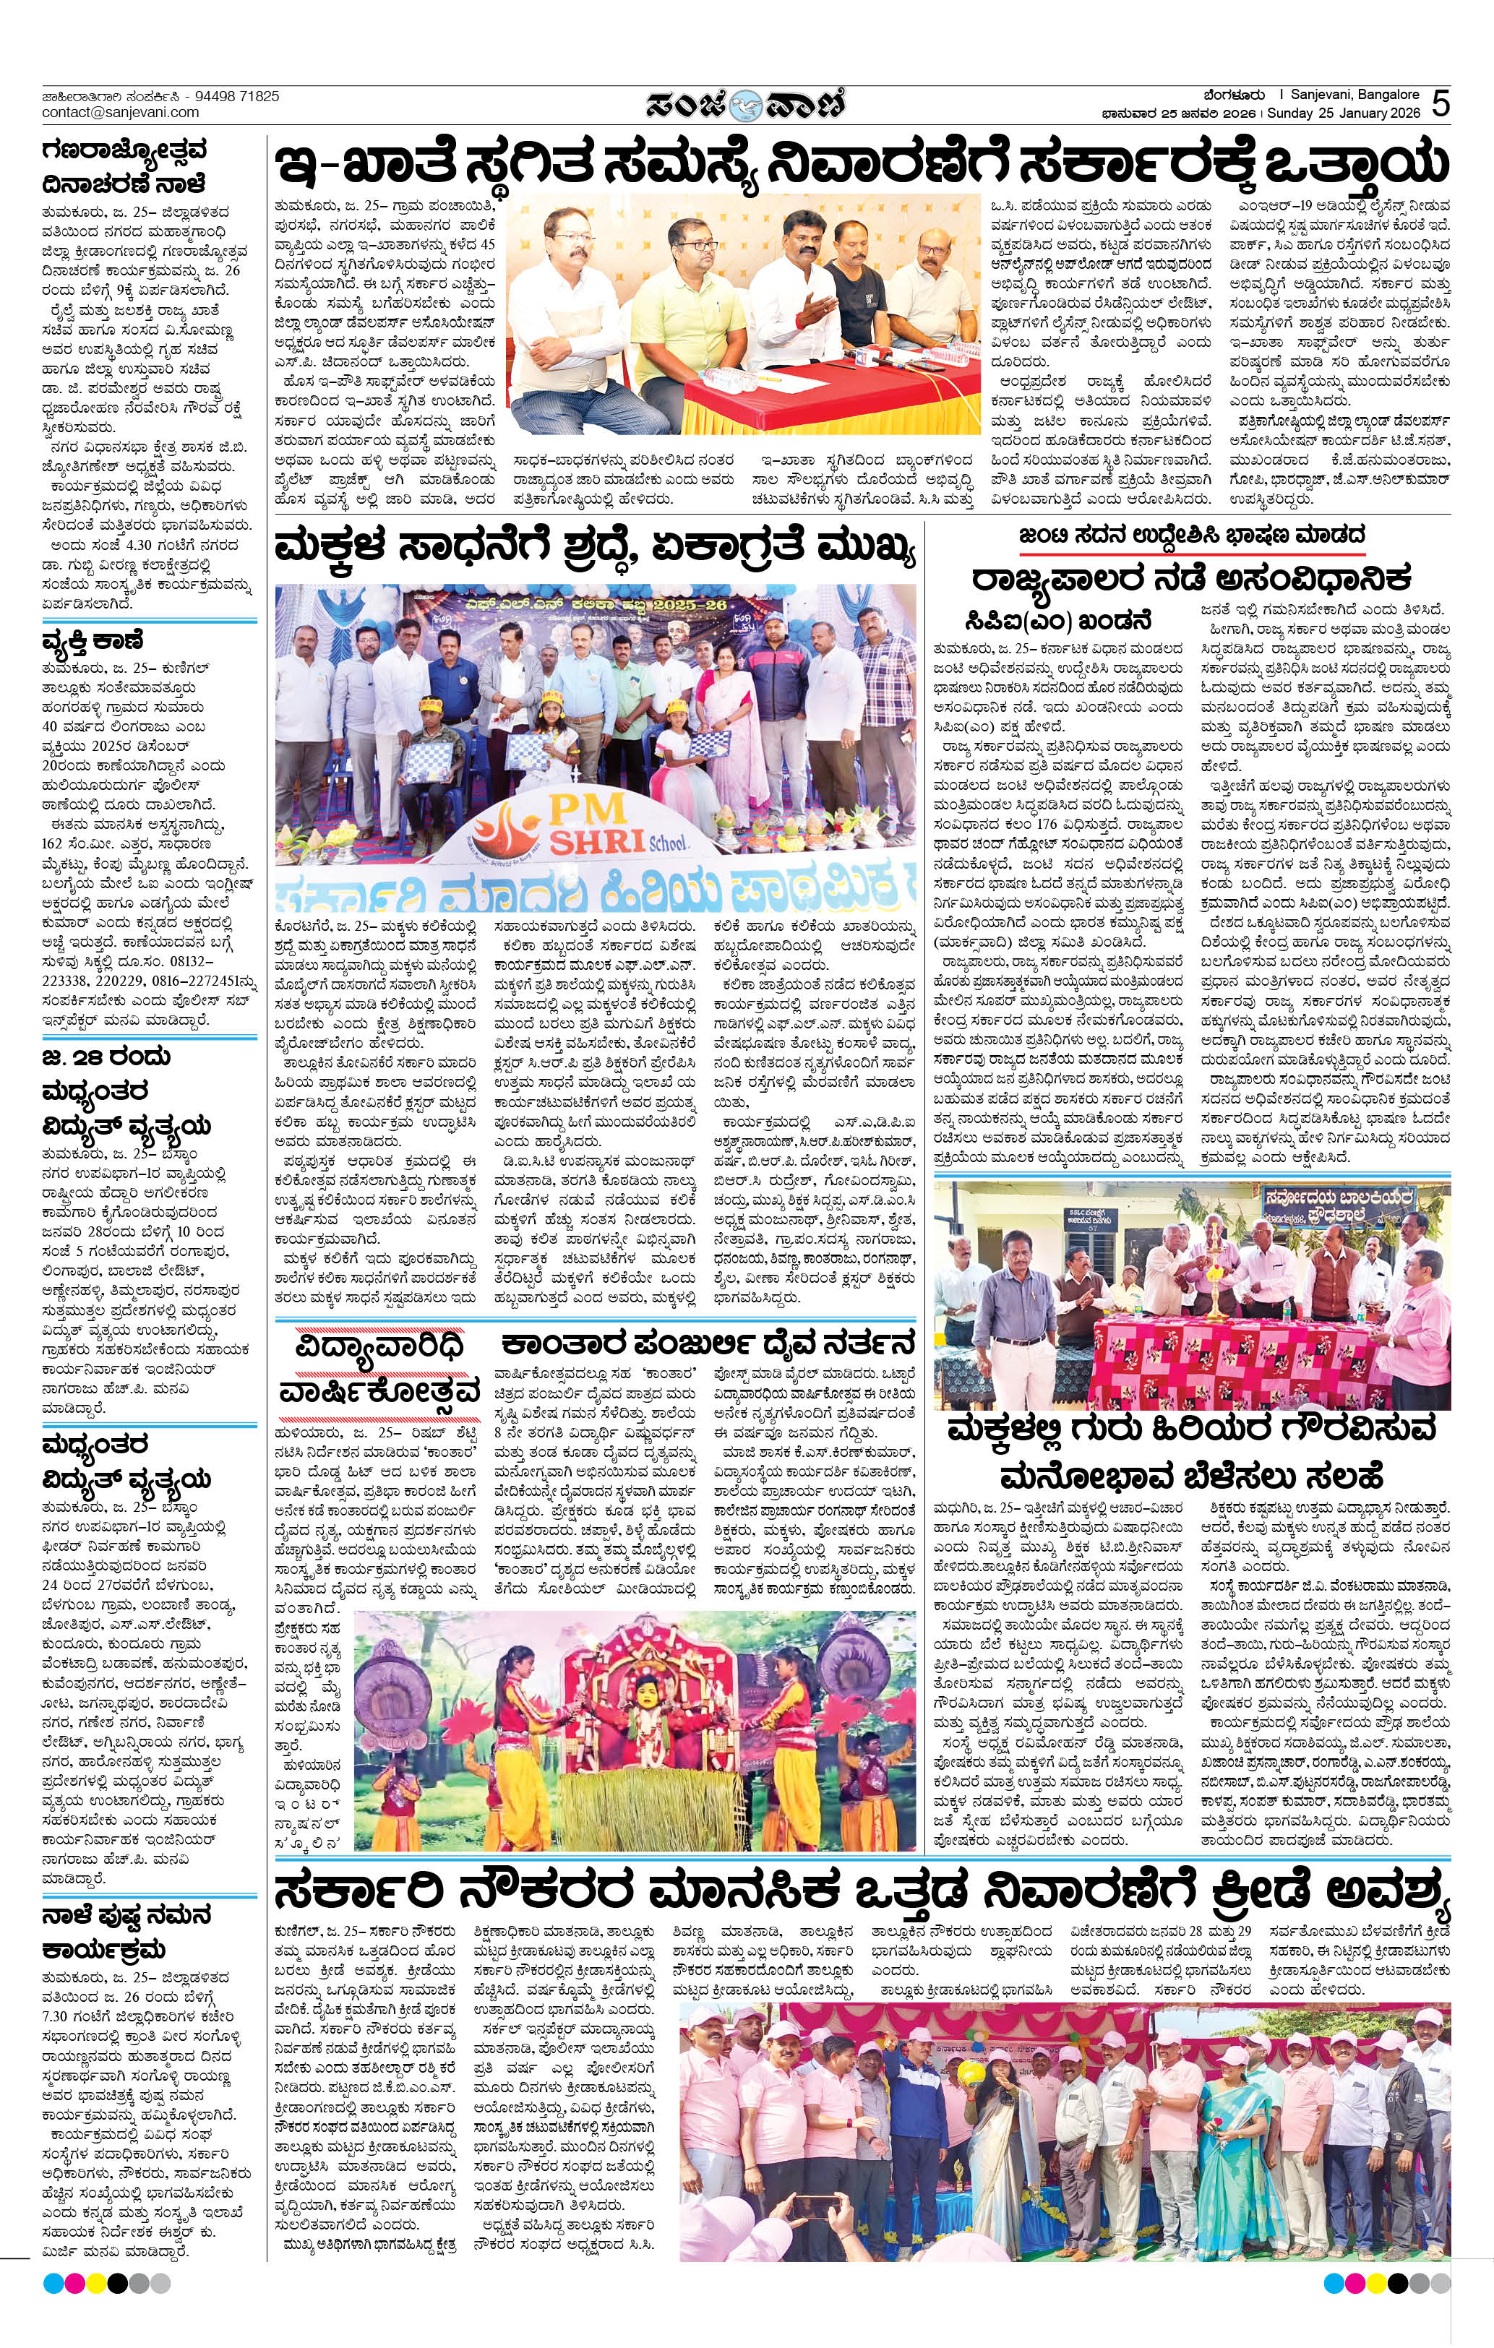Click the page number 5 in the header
tap(1441, 104)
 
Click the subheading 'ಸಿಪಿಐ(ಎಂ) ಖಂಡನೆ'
tap(1059, 619)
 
